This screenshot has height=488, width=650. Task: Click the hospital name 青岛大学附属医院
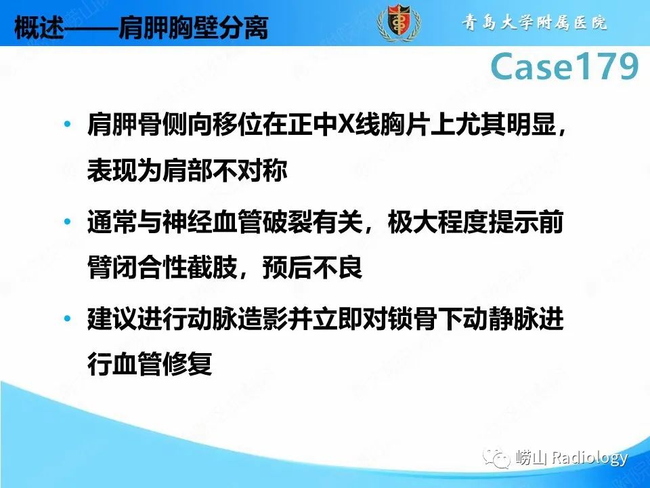534,22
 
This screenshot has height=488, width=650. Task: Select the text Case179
565,67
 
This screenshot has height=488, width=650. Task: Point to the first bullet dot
66,125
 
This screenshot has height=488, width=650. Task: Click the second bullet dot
66,222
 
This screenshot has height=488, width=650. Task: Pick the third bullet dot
66,319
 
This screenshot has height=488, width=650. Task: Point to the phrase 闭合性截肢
175,267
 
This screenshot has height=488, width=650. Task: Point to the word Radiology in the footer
589,459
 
